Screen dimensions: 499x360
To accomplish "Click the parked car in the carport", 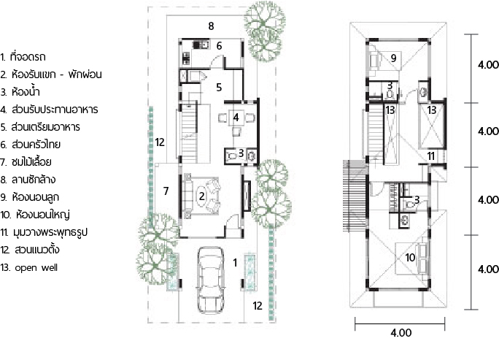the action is tap(211, 280).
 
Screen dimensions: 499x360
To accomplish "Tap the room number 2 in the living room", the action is tap(202, 196).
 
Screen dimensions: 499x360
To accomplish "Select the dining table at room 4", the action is tap(236, 118).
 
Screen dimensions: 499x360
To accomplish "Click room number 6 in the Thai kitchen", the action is tap(219, 46).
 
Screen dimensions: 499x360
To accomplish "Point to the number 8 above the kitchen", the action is tap(211, 26).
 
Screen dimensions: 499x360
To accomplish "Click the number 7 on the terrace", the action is tap(166, 191).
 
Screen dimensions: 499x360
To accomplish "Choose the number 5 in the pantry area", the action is tap(219, 87).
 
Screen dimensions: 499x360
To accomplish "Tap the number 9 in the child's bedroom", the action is tap(394, 58).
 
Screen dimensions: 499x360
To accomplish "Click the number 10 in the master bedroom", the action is tap(410, 257).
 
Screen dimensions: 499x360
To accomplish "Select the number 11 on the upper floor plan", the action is tap(431, 156).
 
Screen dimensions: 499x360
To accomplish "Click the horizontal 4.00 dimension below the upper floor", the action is tap(401, 332).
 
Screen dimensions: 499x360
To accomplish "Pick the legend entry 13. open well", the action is tap(29, 267).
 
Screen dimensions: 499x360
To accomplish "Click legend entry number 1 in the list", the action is tap(23, 57).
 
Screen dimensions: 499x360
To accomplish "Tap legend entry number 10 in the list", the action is tap(35, 215).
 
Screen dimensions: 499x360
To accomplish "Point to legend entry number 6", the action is tap(30, 145).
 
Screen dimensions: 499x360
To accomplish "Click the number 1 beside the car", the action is tap(235, 262).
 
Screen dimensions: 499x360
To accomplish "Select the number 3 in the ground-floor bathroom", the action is tap(241, 153).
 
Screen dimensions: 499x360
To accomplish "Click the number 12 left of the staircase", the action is tap(160, 142).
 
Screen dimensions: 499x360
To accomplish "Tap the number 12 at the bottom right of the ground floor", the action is tap(258, 306).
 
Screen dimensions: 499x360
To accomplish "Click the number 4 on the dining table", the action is tap(236, 118).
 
